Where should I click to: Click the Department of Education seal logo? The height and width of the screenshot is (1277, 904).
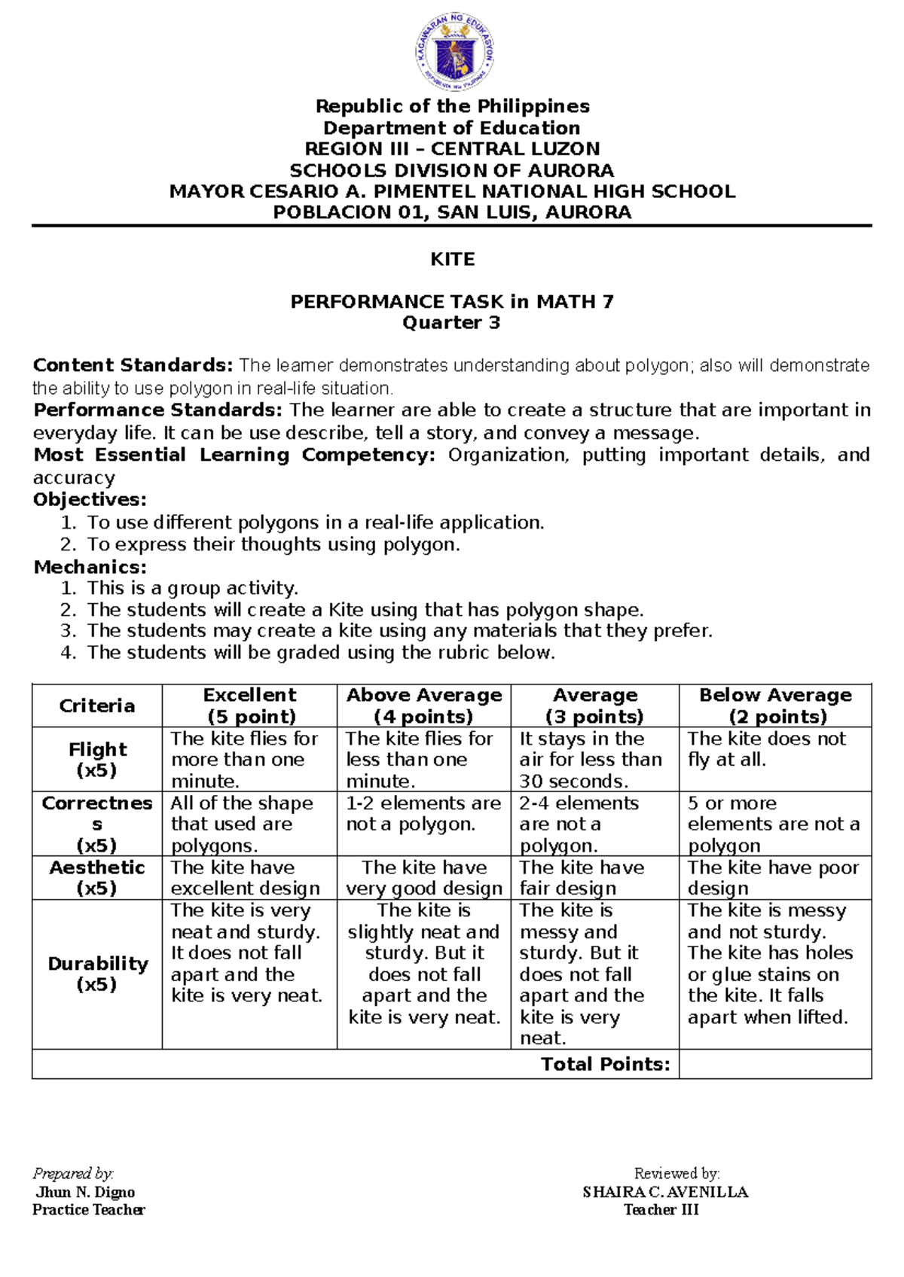454,52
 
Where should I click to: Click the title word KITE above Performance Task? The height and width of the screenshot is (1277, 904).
452,260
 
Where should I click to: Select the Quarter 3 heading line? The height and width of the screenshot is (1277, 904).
451,323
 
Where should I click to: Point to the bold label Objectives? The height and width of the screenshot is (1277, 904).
90,500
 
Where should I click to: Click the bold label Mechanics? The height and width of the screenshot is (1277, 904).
90,567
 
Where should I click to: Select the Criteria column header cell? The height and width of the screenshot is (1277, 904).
97,706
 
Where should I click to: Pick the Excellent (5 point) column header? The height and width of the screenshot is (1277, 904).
250,706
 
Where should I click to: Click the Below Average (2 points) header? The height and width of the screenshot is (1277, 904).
775,706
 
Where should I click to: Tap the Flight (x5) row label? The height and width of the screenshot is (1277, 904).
97,759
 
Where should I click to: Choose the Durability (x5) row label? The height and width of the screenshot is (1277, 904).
97,974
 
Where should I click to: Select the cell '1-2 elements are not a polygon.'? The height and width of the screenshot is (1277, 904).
423,814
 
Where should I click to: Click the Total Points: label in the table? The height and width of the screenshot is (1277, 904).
605,1064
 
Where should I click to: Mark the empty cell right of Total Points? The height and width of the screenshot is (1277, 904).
775,1064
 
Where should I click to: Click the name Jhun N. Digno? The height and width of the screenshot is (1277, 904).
85,1192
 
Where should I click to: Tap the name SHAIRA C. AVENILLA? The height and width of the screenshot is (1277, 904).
665,1192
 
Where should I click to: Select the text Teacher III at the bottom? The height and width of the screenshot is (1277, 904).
661,1210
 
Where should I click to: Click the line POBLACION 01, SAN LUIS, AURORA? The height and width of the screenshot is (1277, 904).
452,213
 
